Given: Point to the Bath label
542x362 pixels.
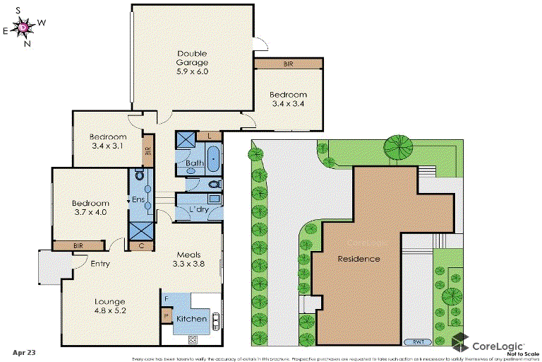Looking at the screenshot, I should (x=195, y=163).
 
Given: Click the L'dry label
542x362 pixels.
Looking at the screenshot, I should (x=198, y=210).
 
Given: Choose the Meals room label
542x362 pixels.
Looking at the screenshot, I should (x=188, y=255).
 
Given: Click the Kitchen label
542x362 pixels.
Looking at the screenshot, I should (x=191, y=319).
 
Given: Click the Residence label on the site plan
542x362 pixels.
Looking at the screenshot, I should (x=358, y=259).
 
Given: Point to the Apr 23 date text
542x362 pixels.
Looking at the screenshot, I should (x=23, y=351).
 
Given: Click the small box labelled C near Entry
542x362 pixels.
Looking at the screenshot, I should (x=141, y=245).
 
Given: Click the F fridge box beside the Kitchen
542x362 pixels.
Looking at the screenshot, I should (x=167, y=298).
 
